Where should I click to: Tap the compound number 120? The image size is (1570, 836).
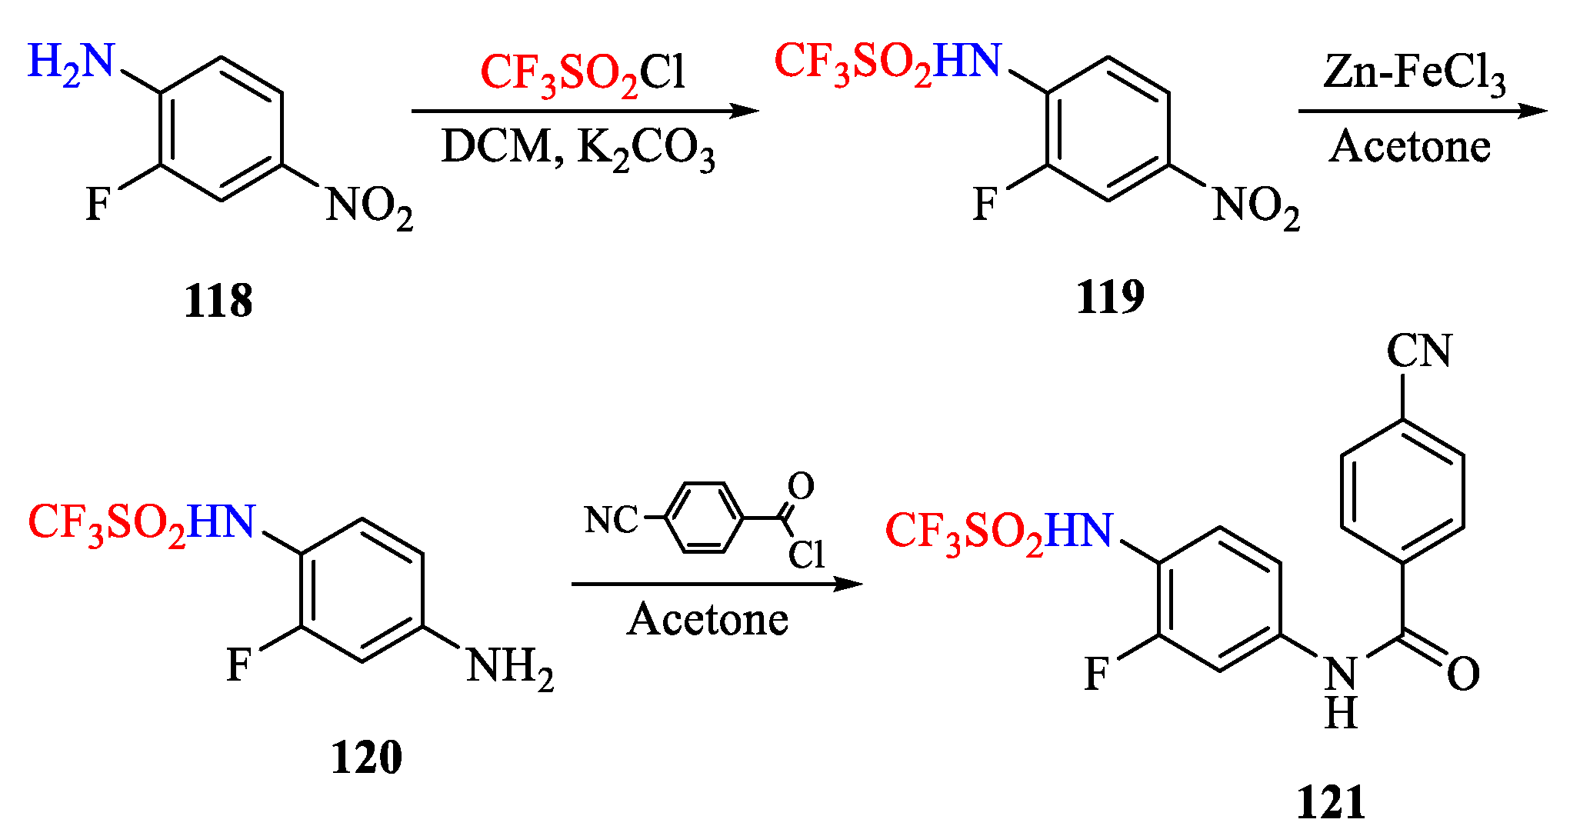[x=366, y=757]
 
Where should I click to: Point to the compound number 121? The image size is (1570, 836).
[x=1331, y=803]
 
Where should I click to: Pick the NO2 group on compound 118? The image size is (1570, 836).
[x=369, y=208]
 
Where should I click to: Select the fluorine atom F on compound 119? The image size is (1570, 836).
[x=985, y=205]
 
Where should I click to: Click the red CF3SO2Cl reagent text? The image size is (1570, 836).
[x=582, y=74]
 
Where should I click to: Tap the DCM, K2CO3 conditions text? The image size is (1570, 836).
[x=578, y=148]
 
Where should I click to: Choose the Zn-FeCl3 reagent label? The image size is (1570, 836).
[x=1414, y=74]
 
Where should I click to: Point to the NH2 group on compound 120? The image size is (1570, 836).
[x=509, y=668]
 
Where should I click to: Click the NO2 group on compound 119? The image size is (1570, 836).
[x=1255, y=208]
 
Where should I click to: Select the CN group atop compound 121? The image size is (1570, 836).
[x=1419, y=351]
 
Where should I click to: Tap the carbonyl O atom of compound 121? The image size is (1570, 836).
[x=1462, y=674]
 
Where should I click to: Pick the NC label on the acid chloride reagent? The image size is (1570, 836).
[x=612, y=520]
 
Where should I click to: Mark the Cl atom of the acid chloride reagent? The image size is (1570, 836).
[x=806, y=555]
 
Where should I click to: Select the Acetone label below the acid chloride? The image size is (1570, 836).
[x=708, y=620]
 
